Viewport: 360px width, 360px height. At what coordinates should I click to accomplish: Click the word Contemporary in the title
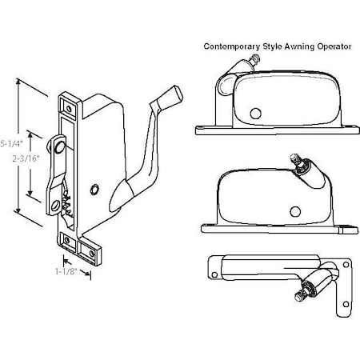pos(233,46)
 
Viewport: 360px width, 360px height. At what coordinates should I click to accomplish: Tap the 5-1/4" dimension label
pos(10,143)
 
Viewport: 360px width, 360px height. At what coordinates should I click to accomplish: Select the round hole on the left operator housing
pos(95,189)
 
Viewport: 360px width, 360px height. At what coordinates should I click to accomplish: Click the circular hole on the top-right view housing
pos(258,112)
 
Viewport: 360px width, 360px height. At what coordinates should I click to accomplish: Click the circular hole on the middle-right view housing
pos(295,211)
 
